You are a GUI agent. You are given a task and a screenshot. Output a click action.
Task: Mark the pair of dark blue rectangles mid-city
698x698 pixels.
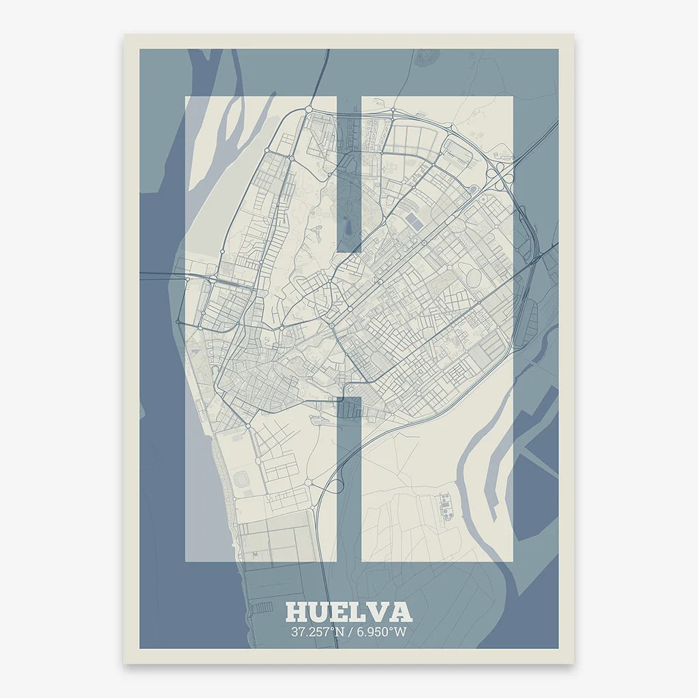[x=414, y=219]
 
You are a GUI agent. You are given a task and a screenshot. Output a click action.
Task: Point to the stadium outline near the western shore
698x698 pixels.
[x=242, y=481]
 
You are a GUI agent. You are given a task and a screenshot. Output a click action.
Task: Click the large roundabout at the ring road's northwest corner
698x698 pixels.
[x=308, y=108]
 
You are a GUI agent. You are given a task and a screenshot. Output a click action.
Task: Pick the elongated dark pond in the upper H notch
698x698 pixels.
[x=347, y=225]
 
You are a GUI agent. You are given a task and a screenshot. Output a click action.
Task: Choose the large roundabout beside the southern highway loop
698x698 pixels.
[x=309, y=482]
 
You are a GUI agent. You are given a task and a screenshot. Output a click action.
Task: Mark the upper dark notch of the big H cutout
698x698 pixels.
[x=348, y=174]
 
